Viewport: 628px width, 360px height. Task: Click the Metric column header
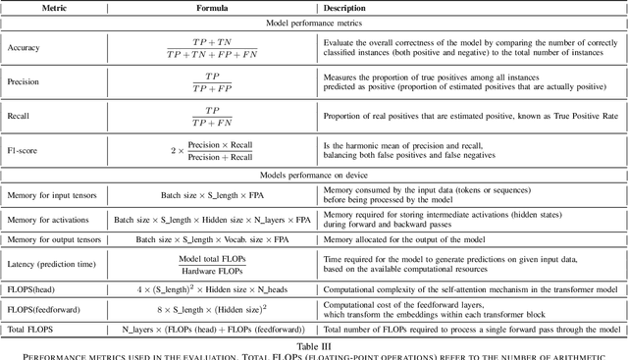55,6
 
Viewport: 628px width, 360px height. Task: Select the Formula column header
214,6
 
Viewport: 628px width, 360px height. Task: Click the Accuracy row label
25,45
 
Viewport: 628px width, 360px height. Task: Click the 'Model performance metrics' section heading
314,22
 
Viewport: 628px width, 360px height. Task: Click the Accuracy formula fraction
213,45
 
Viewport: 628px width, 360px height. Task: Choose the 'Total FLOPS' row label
32,334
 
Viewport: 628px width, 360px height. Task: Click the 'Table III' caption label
314,346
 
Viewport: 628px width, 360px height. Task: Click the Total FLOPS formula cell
213,334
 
